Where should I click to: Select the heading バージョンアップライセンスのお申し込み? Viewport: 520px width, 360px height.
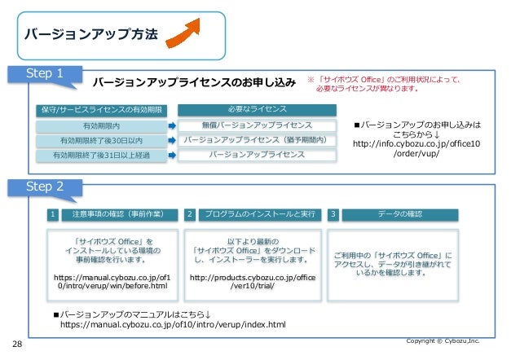(x=193, y=83)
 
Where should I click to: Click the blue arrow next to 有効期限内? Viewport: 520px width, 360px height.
(x=172, y=126)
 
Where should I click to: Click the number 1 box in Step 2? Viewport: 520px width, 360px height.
(x=53, y=214)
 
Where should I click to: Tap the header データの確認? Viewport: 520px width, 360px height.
(x=400, y=214)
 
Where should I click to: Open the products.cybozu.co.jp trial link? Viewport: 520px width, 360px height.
(x=252, y=283)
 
